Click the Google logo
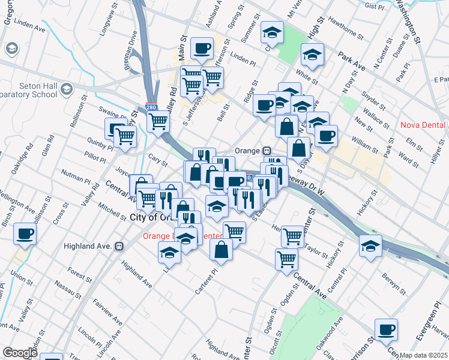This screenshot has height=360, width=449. [20, 353]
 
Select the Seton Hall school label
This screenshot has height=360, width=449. [29, 90]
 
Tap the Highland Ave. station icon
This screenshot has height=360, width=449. [119, 245]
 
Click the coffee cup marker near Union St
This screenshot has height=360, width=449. [25, 233]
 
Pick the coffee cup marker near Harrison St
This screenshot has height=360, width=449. [386, 329]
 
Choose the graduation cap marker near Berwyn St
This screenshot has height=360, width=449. [370, 245]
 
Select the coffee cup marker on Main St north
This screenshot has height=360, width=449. [202, 48]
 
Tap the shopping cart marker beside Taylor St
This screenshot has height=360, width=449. [292, 236]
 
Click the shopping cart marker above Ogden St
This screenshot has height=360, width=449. [286, 259]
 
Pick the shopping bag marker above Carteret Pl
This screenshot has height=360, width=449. [221, 249]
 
